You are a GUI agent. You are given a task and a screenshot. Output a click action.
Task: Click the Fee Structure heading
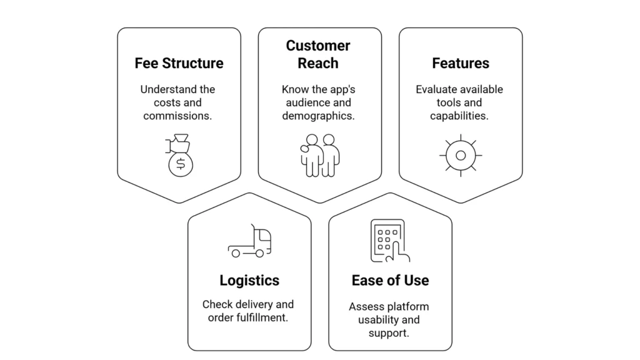[x=179, y=63]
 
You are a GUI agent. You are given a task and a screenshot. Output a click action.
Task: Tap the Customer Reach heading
[x=318, y=54]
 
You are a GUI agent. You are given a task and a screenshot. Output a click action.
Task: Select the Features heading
[x=461, y=63]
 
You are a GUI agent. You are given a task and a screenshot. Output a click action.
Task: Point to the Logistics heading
[x=249, y=280]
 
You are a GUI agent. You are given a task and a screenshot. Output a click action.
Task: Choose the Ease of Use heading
[x=390, y=280]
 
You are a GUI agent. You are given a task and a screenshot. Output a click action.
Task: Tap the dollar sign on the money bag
[x=181, y=164]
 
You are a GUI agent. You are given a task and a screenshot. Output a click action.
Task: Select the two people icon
[x=319, y=155]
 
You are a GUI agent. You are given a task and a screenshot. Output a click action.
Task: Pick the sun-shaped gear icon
[x=461, y=155]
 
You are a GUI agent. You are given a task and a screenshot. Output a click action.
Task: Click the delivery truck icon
[x=250, y=241]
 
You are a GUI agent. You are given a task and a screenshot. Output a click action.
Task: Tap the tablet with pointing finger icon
[x=390, y=241]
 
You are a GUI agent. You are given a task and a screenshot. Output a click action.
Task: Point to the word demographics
[x=318, y=116]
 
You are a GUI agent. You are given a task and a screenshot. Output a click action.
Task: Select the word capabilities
[x=459, y=116]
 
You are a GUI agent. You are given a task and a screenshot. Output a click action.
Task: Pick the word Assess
[x=364, y=306]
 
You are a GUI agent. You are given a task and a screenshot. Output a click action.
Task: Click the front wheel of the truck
[x=236, y=253]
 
